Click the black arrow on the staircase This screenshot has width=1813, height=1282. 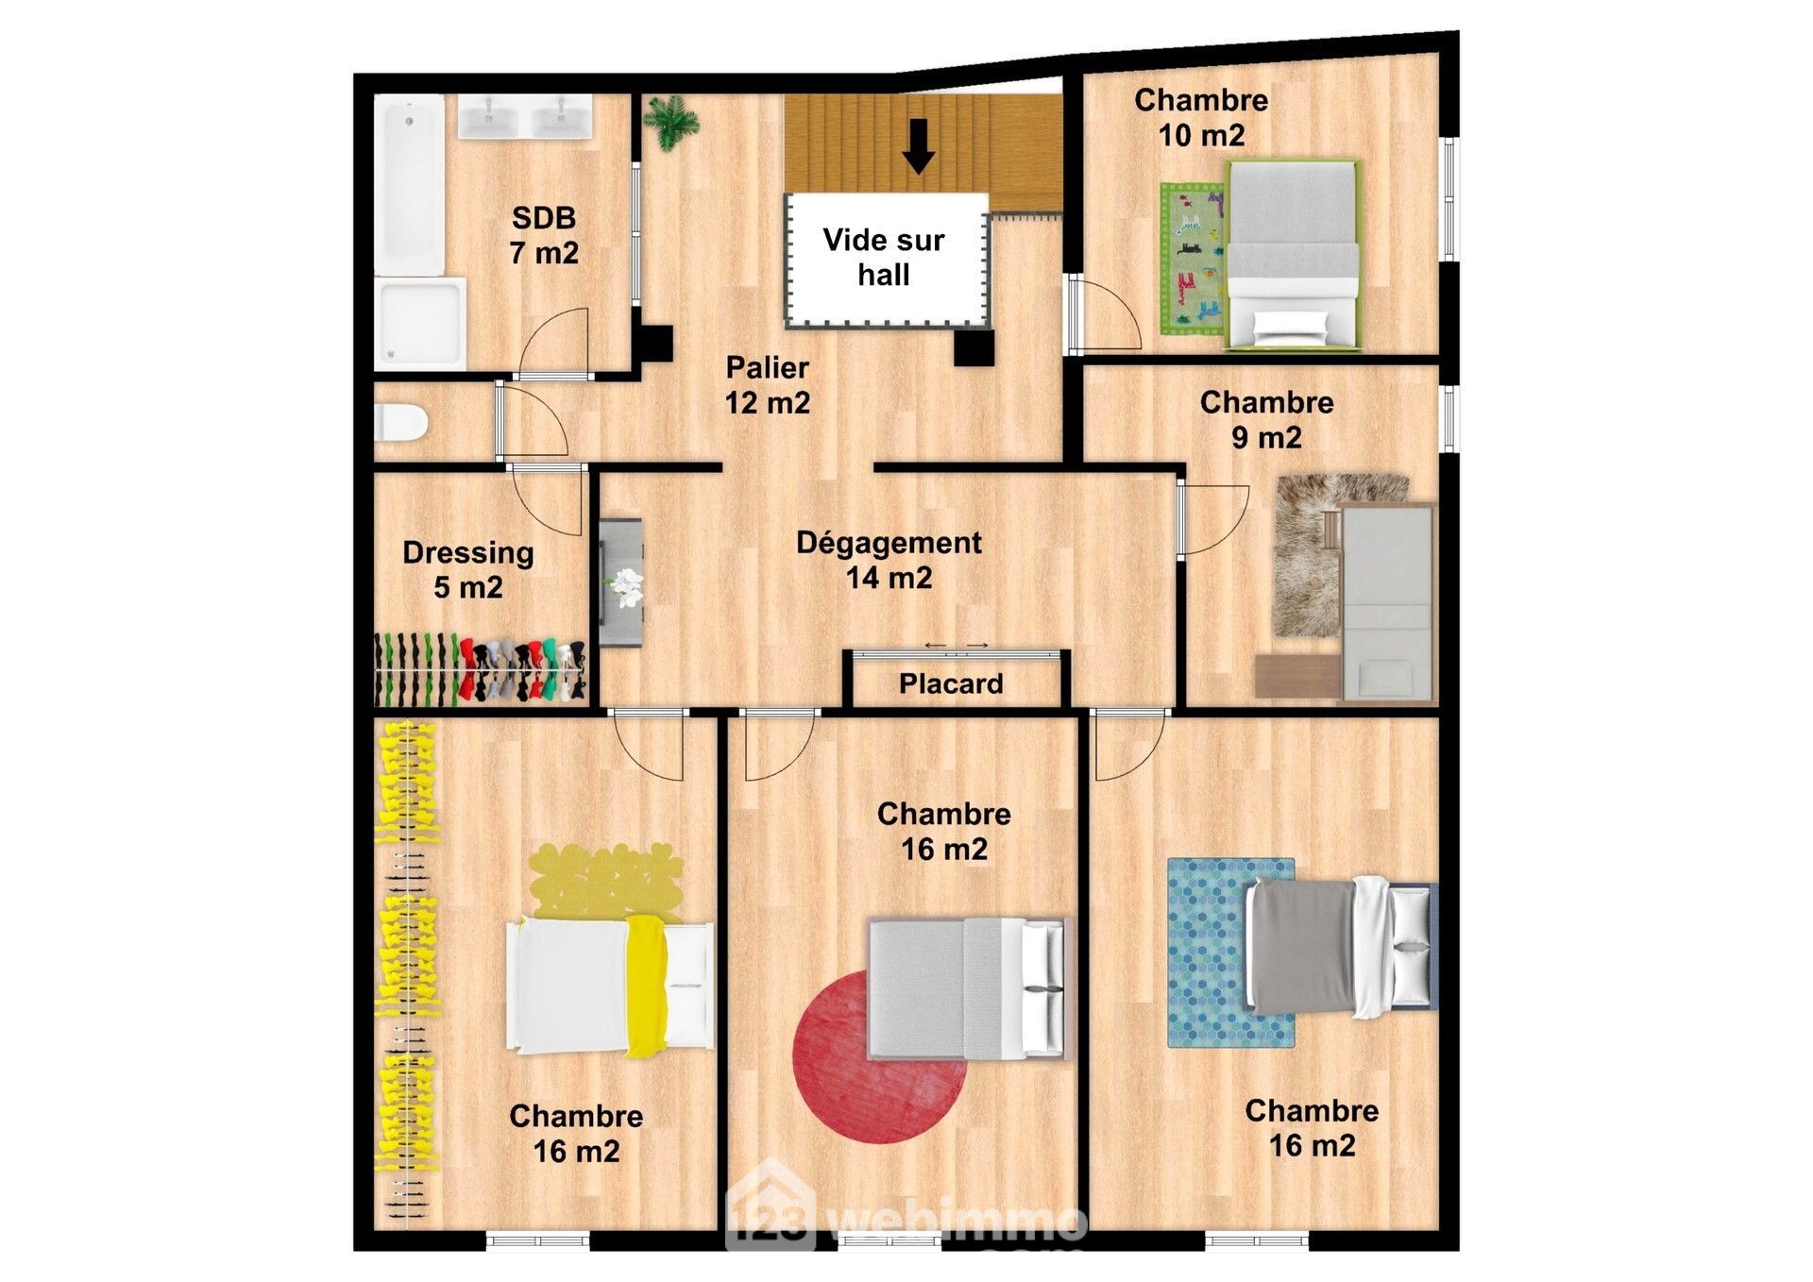pos(918,146)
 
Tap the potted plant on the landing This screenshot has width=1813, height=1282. pos(670,123)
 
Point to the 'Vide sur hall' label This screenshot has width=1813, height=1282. pos(884,257)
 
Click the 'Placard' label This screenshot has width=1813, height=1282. pos(951,683)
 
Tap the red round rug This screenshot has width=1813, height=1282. pos(879,1055)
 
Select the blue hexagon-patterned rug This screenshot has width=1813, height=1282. pos(1230,953)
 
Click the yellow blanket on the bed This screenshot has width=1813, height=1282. pos(648,986)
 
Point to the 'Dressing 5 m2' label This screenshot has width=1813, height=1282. pos(468,569)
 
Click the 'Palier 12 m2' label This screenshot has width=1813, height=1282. pos(767,385)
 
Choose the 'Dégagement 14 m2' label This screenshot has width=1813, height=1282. pos(889,560)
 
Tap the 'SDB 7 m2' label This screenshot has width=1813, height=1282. pos(544,235)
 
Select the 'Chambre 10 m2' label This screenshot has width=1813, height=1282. pos(1201,117)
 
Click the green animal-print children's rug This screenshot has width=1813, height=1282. pos(1193,259)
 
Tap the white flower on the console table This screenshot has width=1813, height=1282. pos(625,587)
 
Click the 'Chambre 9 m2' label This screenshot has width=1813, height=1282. pos(1266,419)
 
